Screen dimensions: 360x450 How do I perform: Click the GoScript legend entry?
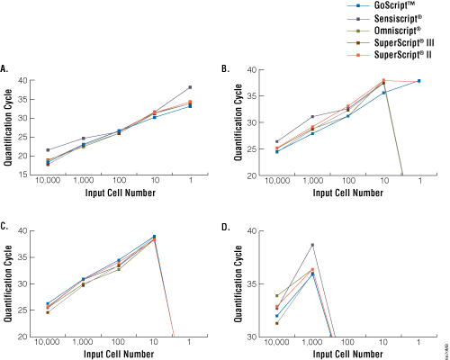click(x=388, y=6)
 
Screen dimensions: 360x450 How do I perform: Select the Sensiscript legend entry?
click(x=390, y=19)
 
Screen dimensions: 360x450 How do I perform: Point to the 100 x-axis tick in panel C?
click(x=119, y=345)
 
